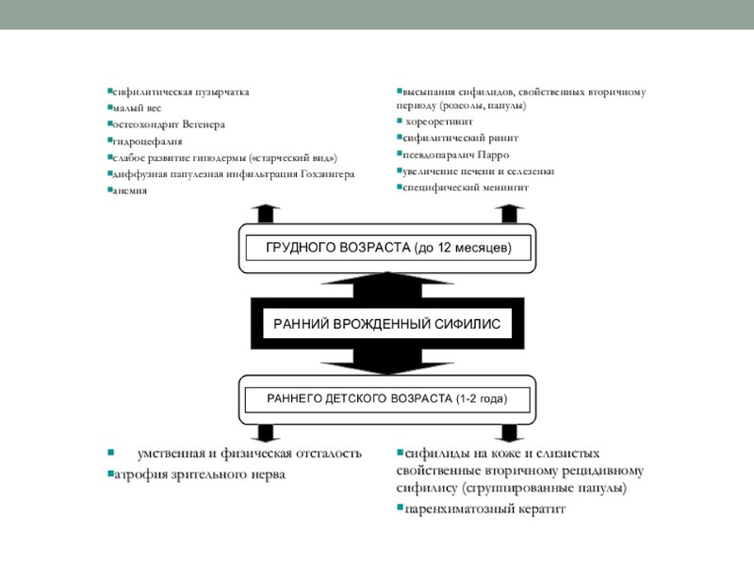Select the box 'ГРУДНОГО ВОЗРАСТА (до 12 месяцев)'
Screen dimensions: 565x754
pyautogui.click(x=387, y=249)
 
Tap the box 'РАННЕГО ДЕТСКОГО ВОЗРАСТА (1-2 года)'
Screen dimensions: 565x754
pyautogui.click(x=387, y=399)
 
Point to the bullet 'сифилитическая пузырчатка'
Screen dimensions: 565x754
pyautogui.click(x=180, y=92)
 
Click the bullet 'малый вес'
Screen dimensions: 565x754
pyautogui.click(x=136, y=108)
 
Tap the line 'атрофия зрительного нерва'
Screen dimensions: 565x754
pyautogui.click(x=199, y=475)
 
